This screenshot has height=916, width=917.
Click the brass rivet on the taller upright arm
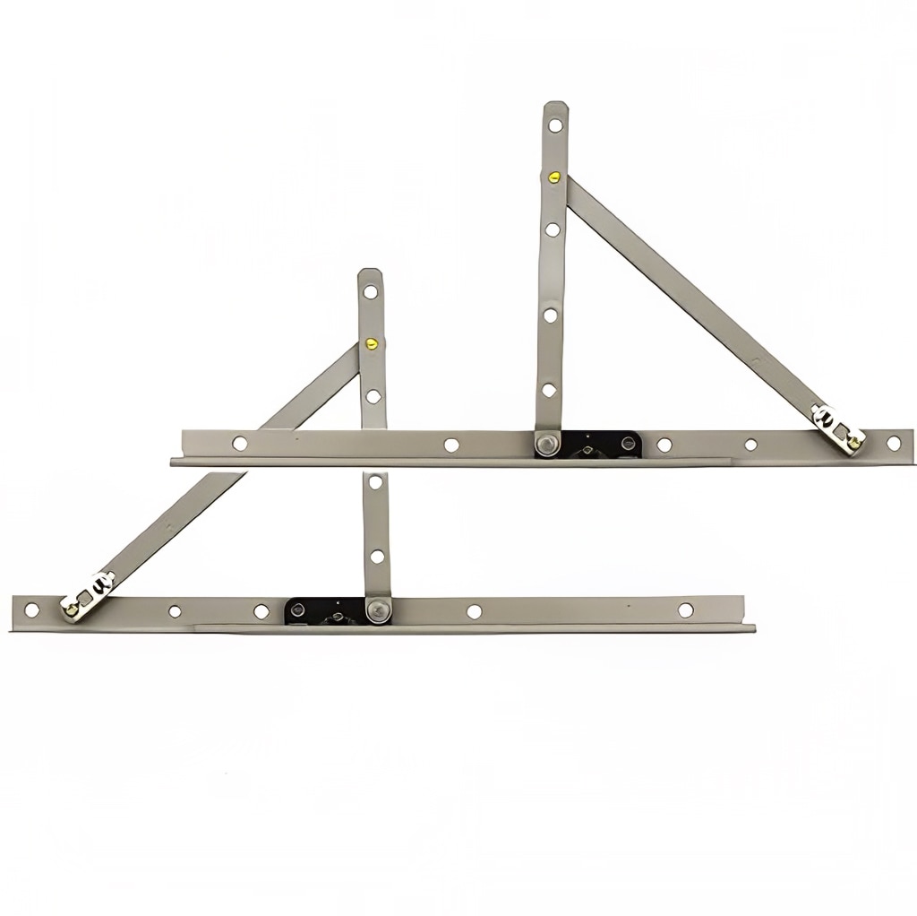[554, 177]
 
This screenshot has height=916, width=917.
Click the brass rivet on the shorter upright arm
[370, 341]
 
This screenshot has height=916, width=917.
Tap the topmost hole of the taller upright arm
[555, 125]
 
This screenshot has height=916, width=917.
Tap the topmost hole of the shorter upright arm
[370, 290]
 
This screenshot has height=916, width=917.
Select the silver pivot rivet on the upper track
[544, 443]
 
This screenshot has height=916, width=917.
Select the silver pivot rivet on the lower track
[377, 611]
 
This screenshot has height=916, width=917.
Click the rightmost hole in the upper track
[893, 443]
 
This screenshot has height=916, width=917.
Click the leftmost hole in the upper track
[239, 443]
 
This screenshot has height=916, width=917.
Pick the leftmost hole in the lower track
[31, 609]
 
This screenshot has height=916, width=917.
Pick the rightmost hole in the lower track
[685, 609]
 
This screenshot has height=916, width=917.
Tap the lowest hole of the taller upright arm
[548, 390]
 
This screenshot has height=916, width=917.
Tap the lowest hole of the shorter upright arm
[377, 557]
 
